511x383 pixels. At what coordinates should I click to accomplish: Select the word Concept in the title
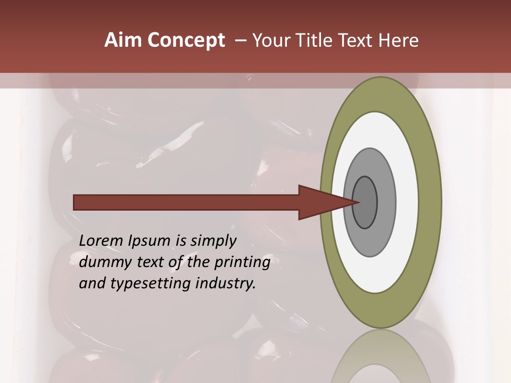pyautogui.click(x=185, y=40)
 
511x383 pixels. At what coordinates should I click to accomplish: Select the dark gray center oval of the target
pyautogui.click(x=365, y=203)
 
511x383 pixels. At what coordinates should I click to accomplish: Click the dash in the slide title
pyautogui.click(x=240, y=40)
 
